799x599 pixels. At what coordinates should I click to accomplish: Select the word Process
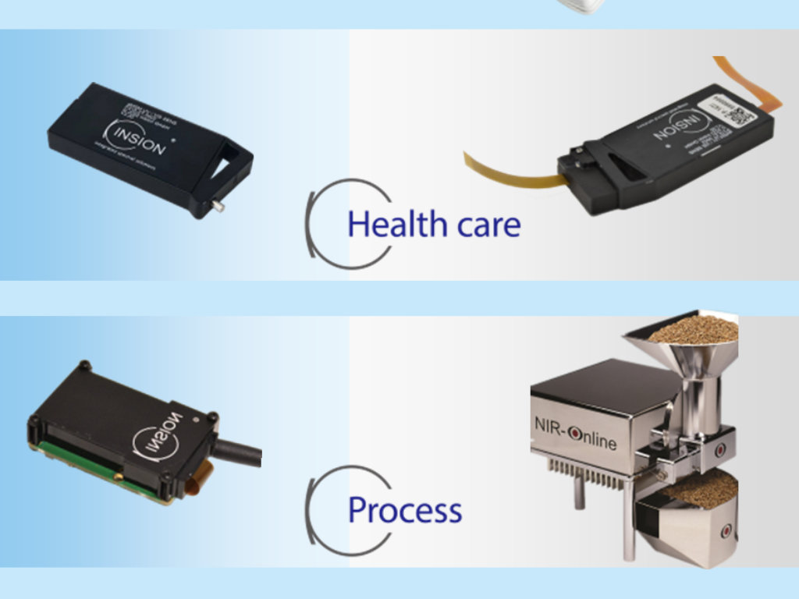pos(405,511)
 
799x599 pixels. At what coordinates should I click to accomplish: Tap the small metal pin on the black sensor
pos(219,207)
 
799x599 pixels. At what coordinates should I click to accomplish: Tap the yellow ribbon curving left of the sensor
pos(507,171)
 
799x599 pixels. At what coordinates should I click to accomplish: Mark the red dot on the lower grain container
pos(726,531)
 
